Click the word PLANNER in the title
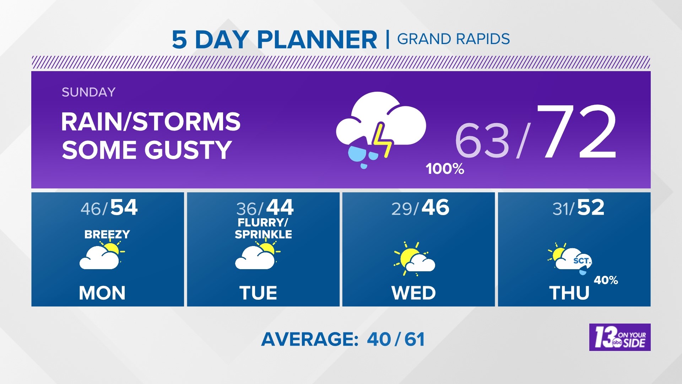317,39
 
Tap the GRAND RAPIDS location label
453,39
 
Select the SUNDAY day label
88,92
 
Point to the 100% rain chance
445,169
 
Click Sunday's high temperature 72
577,132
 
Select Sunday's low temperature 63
482,141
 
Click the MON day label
102,293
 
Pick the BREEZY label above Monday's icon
107,234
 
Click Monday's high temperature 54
124,207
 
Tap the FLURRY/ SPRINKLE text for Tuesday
263,229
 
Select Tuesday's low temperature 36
246,209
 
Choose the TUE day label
258,293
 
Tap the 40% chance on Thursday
606,280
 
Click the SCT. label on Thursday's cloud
582,261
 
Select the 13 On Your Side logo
620,337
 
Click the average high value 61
415,339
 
